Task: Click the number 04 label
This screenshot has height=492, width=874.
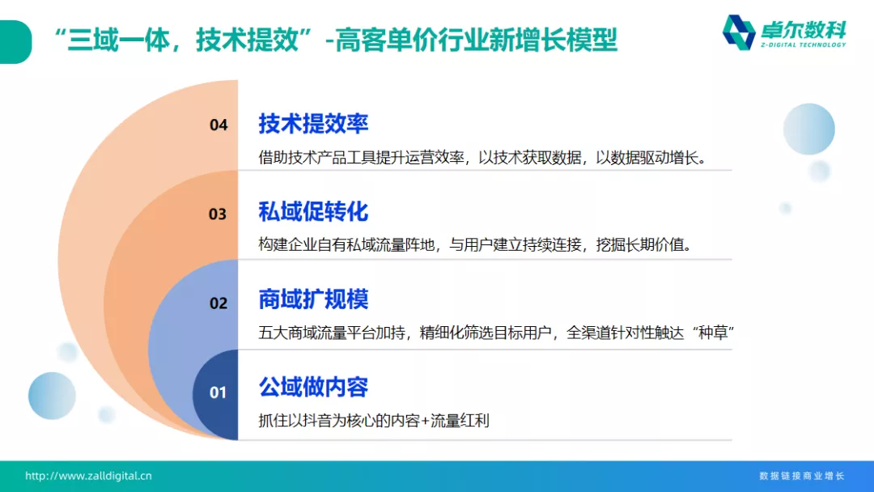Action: tap(218, 125)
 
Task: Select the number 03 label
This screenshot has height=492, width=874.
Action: tap(218, 214)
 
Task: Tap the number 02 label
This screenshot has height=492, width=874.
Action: tap(218, 303)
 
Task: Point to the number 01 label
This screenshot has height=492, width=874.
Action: tap(218, 392)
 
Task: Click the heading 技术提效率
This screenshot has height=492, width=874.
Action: tap(313, 124)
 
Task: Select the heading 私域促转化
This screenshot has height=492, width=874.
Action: tap(313, 212)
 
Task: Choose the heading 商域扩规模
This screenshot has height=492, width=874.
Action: tap(313, 299)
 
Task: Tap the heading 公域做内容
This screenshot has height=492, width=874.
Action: tap(313, 388)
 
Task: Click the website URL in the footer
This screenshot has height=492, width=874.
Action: tap(88, 476)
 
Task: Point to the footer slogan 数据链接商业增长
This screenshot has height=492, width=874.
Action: tap(801, 476)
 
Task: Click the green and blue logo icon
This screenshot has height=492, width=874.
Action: tap(738, 32)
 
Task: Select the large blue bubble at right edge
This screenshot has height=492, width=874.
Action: tap(808, 129)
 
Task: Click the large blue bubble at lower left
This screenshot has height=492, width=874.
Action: tap(52, 396)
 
